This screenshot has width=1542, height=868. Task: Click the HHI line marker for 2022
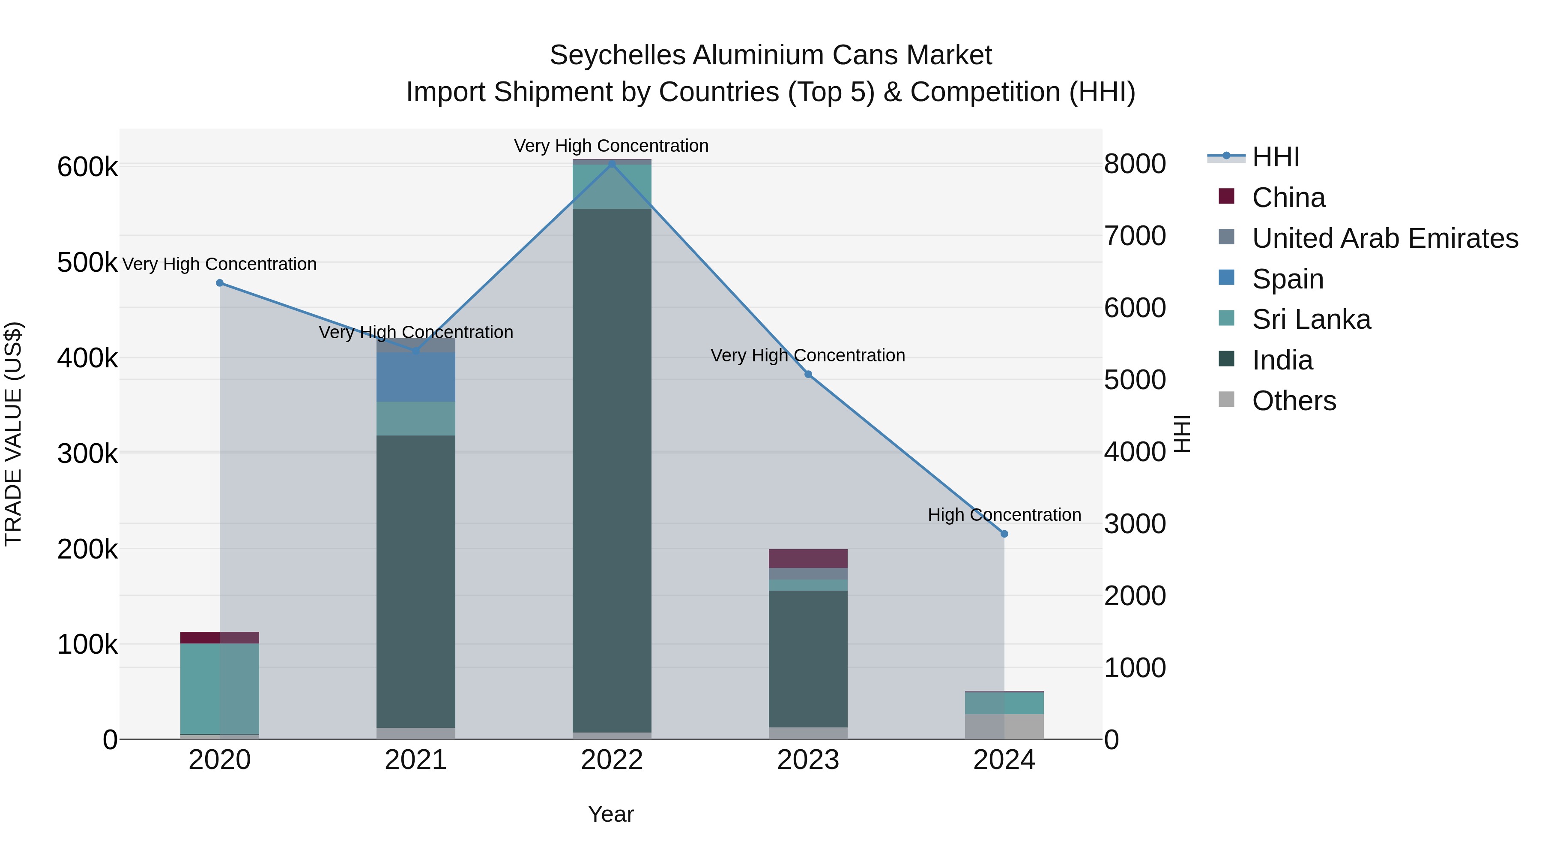click(612, 164)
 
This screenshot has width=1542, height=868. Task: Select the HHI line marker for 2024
click(1004, 534)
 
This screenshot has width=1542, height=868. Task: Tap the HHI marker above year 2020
click(220, 283)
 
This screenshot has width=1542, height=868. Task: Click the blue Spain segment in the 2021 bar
click(415, 377)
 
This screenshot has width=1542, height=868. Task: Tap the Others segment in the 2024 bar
click(1004, 726)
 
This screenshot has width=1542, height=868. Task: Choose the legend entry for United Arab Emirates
click(1384, 238)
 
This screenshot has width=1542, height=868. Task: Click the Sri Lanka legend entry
click(1311, 320)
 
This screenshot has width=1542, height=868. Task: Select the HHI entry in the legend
click(1275, 157)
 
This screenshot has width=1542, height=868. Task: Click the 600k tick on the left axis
click(87, 167)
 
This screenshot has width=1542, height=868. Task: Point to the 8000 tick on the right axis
click(1134, 164)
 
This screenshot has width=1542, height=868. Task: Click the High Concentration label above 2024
click(1004, 515)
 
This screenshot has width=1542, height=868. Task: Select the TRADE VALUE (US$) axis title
click(13, 434)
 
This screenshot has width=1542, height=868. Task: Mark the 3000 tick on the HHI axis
click(1134, 524)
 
